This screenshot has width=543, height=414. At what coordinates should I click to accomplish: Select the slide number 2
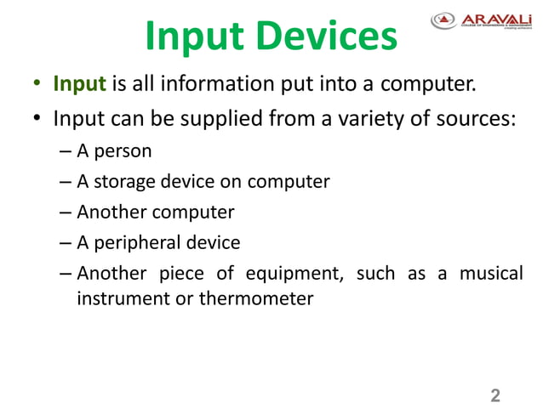tap(495, 395)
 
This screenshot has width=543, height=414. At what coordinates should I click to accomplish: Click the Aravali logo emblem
tap(443, 19)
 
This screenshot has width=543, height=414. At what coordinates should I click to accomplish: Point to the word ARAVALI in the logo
tap(496, 17)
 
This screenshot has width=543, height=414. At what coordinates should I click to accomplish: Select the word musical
tap(491, 273)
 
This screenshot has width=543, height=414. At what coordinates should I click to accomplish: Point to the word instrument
tap(122, 298)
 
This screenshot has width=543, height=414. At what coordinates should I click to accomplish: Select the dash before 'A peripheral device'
tap(66, 243)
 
